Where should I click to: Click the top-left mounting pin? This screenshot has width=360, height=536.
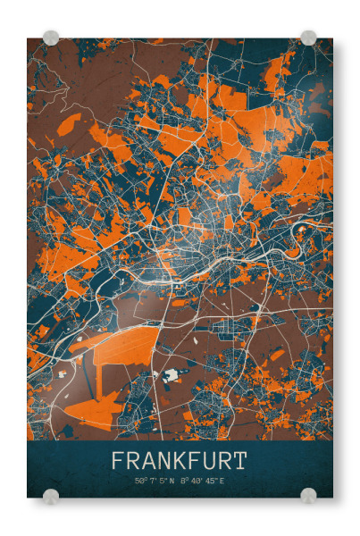tap(51, 38)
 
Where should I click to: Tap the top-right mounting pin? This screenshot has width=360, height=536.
tap(308, 38)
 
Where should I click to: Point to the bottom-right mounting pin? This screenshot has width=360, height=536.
tap(308, 496)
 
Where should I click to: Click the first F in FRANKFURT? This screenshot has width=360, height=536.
tap(118, 462)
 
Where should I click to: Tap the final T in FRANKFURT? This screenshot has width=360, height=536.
tap(239, 462)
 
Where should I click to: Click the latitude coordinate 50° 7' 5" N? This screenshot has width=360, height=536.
tap(155, 482)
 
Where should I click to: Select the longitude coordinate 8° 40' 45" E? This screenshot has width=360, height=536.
tap(204, 482)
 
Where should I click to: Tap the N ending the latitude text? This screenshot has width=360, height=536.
tap(173, 482)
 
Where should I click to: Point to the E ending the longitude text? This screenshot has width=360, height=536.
tap(222, 482)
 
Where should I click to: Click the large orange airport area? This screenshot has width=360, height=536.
tap(125, 343)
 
